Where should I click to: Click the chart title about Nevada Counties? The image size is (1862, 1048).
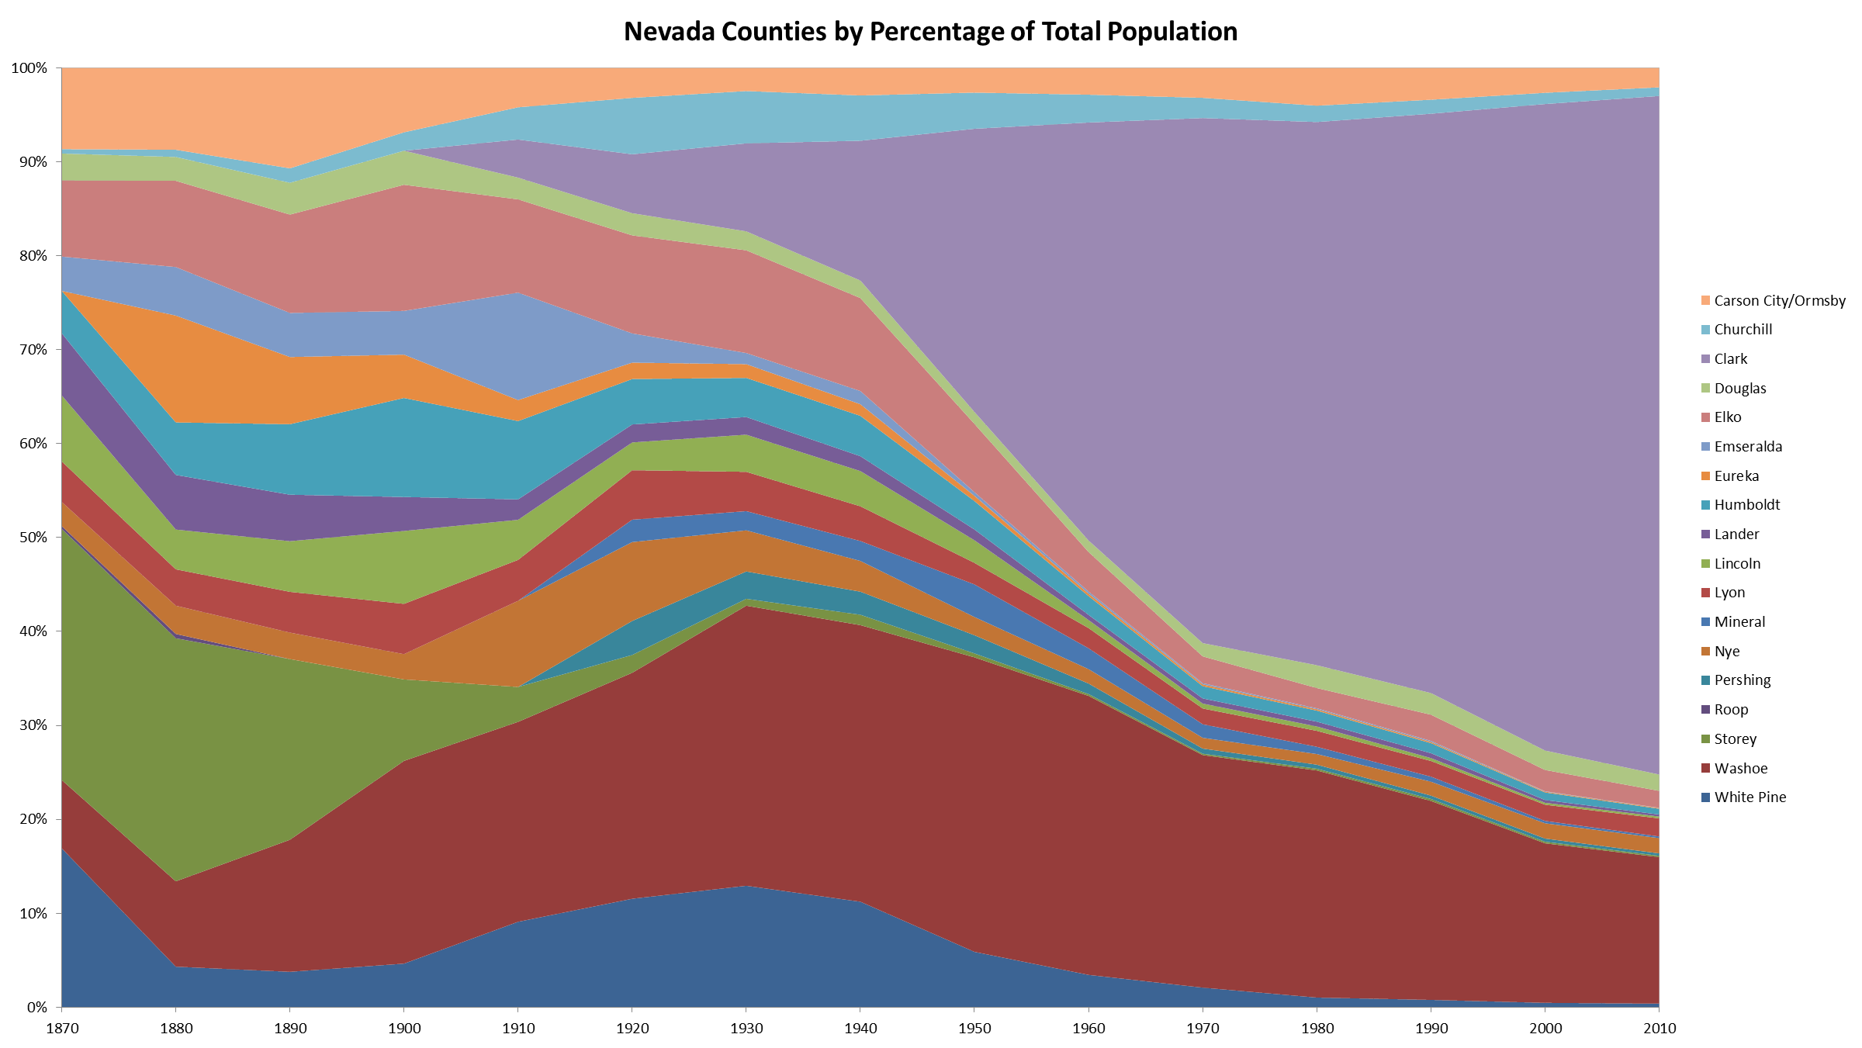click(930, 32)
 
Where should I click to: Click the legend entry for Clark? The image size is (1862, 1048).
click(1730, 359)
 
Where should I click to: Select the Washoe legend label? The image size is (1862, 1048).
click(1740, 769)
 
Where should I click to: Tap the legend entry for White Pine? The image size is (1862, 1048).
click(1750, 797)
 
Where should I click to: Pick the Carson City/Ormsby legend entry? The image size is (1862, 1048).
click(1779, 301)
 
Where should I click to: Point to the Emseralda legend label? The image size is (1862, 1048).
click(1747, 447)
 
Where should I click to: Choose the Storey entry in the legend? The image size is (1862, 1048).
click(1735, 739)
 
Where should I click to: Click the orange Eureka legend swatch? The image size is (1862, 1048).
click(1705, 476)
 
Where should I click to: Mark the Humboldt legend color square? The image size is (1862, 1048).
click(1705, 505)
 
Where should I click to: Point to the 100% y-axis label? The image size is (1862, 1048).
click(29, 68)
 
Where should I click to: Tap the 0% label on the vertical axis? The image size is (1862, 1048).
click(36, 1007)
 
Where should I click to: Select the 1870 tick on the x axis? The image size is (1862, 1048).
click(62, 1029)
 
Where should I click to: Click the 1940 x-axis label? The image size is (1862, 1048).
click(860, 1029)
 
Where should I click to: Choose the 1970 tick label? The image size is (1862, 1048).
click(1203, 1029)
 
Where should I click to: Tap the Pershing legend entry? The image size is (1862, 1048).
click(1742, 680)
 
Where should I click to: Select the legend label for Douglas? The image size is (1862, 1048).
click(1739, 389)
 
